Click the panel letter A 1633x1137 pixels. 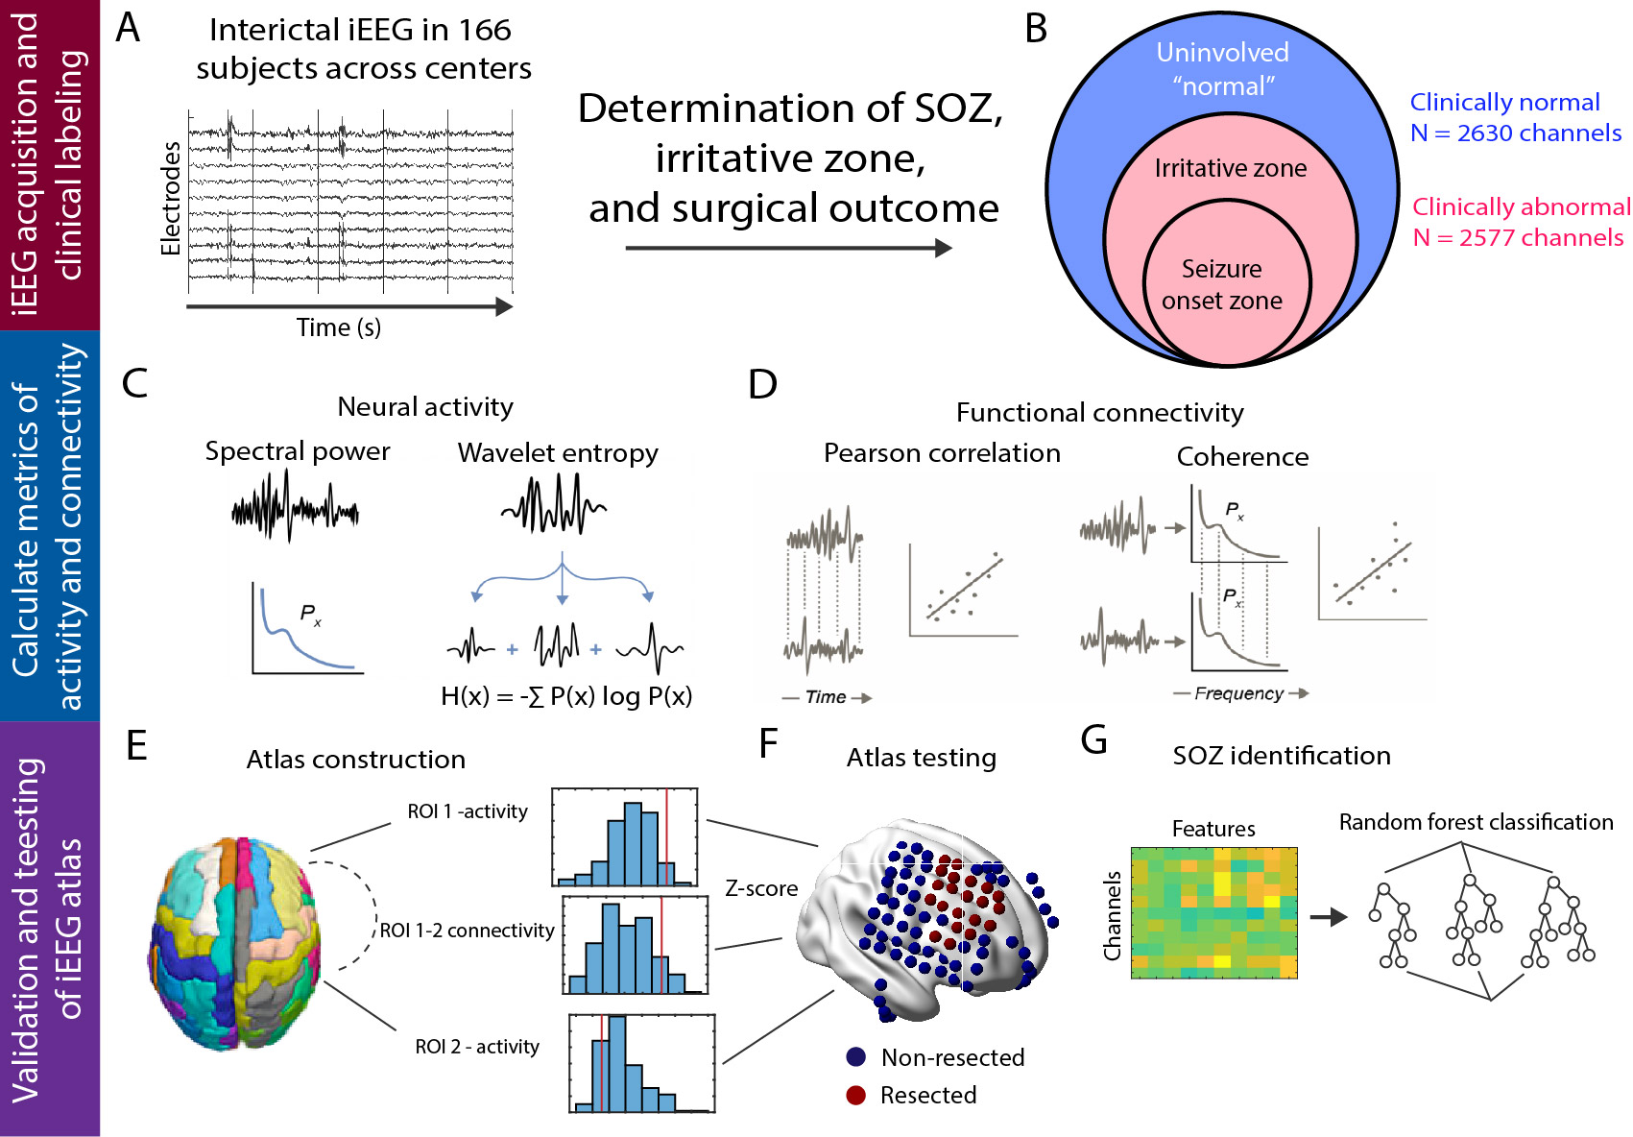click(x=128, y=28)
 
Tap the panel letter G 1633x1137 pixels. click(x=1093, y=740)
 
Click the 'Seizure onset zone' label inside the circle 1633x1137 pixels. click(x=1221, y=284)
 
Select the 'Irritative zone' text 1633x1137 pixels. click(x=1230, y=168)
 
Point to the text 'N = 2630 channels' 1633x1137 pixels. click(x=1516, y=133)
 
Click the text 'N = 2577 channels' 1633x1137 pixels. click(x=1518, y=237)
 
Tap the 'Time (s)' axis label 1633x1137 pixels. click(x=338, y=327)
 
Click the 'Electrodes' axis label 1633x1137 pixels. click(x=171, y=199)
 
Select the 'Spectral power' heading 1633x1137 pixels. click(x=298, y=451)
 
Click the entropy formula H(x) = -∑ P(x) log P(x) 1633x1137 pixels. click(x=566, y=696)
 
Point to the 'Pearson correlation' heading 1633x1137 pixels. click(x=942, y=453)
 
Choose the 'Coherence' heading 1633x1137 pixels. click(x=1242, y=457)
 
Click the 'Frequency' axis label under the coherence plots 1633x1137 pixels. click(x=1238, y=693)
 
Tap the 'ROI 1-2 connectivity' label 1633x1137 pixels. click(x=467, y=931)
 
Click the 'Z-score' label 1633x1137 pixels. click(x=761, y=888)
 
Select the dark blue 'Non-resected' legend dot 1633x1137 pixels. click(x=856, y=1057)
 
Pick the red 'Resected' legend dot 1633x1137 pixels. click(x=856, y=1095)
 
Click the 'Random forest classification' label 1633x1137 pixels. click(x=1476, y=822)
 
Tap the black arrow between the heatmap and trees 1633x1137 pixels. click(x=1329, y=917)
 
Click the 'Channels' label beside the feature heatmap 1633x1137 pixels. click(x=1113, y=915)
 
